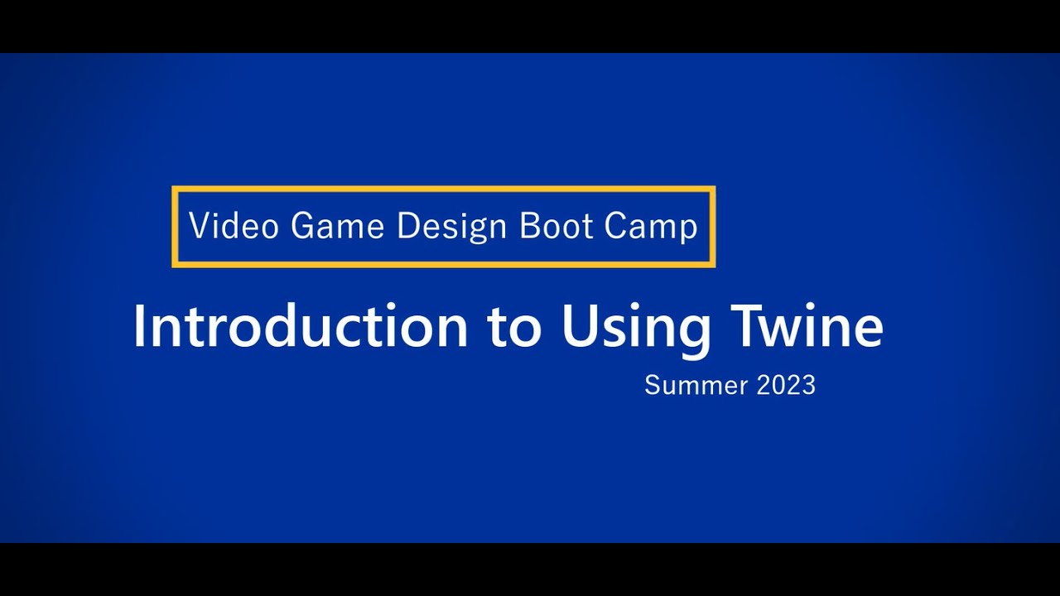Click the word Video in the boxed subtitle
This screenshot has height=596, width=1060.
pyautogui.click(x=234, y=226)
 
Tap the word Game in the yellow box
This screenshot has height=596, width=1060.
pyautogui.click(x=337, y=226)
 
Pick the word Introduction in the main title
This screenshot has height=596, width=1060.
pyautogui.click(x=301, y=325)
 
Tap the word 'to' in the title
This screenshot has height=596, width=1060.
pyautogui.click(x=514, y=327)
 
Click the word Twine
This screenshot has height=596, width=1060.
pyautogui.click(x=806, y=325)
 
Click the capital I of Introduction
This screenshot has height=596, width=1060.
pyautogui.click(x=138, y=325)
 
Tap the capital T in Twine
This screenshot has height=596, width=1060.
pyautogui.click(x=742, y=325)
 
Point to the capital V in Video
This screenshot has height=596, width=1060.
pyautogui.click(x=198, y=226)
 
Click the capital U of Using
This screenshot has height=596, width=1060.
pyautogui.click(x=578, y=325)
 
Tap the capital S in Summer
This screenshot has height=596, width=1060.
pyautogui.click(x=652, y=385)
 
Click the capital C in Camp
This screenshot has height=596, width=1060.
pyautogui.click(x=614, y=226)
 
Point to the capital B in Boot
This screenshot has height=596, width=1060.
pyautogui.click(x=528, y=226)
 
